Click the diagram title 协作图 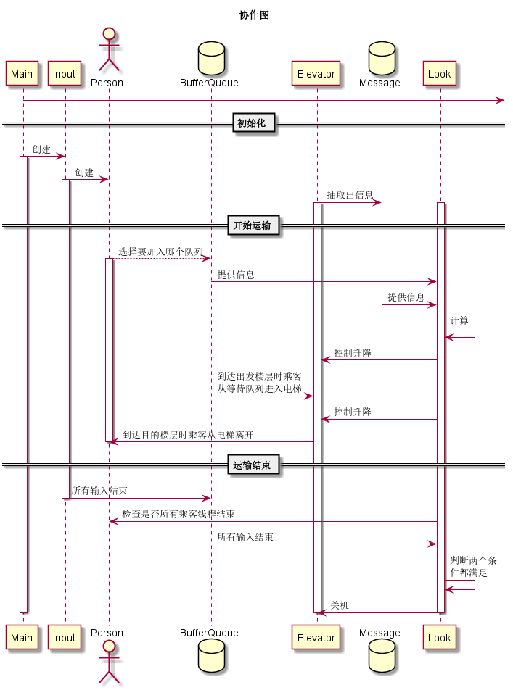tap(254, 15)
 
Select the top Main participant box tap(22, 74)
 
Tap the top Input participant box tap(65, 74)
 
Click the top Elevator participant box tap(316, 74)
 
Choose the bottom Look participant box tap(440, 638)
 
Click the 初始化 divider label tap(254, 124)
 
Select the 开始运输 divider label tap(253, 226)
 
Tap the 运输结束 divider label tap(253, 465)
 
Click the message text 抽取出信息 tap(350, 195)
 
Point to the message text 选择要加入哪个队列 tap(160, 252)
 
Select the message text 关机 tap(340, 605)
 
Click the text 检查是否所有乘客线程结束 tap(178, 514)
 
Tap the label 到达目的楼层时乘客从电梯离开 tap(188, 435)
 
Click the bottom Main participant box tap(22, 638)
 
